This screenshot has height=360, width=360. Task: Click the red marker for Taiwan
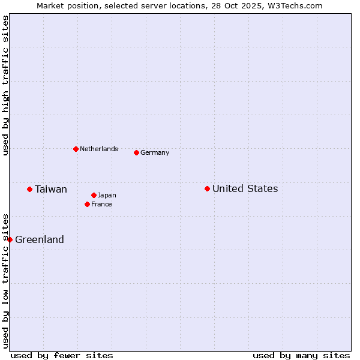[29, 189]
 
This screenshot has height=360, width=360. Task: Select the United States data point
[207, 188]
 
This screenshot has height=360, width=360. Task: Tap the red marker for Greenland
[10, 239]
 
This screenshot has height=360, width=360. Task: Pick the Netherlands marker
[76, 149]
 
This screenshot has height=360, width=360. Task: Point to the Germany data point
[136, 152]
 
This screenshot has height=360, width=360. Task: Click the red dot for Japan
[94, 195]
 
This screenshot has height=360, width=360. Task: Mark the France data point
[87, 204]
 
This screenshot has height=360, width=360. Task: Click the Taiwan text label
[51, 189]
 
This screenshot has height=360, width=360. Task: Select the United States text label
[245, 188]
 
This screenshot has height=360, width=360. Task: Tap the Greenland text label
[40, 239]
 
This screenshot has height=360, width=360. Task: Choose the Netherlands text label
[99, 149]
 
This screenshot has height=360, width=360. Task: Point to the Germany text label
[155, 152]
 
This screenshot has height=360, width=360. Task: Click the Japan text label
[107, 195]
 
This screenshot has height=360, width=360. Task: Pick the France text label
[101, 204]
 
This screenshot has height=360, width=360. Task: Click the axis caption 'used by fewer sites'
[62, 355]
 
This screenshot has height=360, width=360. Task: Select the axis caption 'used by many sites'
[301, 355]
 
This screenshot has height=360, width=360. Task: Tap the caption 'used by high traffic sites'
[5, 85]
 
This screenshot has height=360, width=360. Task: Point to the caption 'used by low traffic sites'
[5, 281]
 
